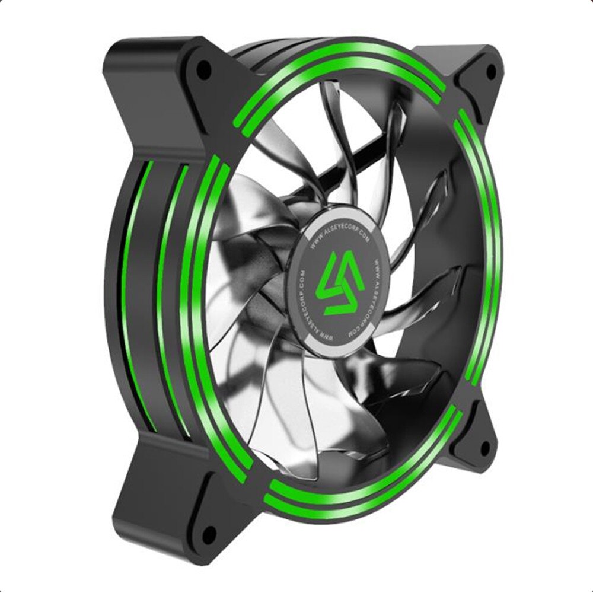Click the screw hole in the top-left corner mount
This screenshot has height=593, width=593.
pos(203,70)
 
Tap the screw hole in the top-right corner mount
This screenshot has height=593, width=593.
pos(490,71)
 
